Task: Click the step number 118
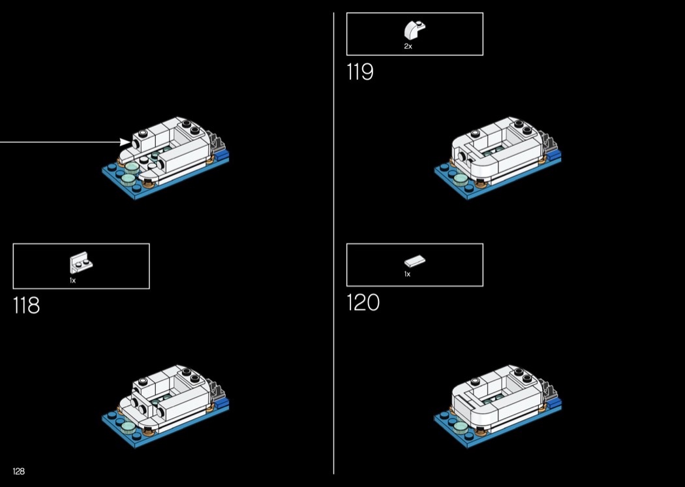click(x=26, y=305)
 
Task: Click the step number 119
click(x=360, y=72)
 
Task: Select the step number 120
click(x=363, y=302)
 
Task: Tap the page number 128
click(x=19, y=471)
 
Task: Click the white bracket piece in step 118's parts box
click(x=81, y=264)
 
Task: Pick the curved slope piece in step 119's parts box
click(x=414, y=30)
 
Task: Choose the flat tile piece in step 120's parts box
click(x=414, y=261)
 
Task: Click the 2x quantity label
click(x=408, y=46)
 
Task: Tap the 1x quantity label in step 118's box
click(x=72, y=280)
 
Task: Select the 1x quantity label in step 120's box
click(x=407, y=274)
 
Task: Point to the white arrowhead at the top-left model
click(x=125, y=142)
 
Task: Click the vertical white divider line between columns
click(x=334, y=243)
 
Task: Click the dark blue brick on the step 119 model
click(x=553, y=155)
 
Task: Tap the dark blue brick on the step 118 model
click(x=222, y=403)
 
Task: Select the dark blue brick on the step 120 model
click(x=553, y=403)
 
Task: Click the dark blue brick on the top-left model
click(x=222, y=155)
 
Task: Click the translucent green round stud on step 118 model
click(x=128, y=427)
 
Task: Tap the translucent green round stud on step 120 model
click(x=460, y=427)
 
